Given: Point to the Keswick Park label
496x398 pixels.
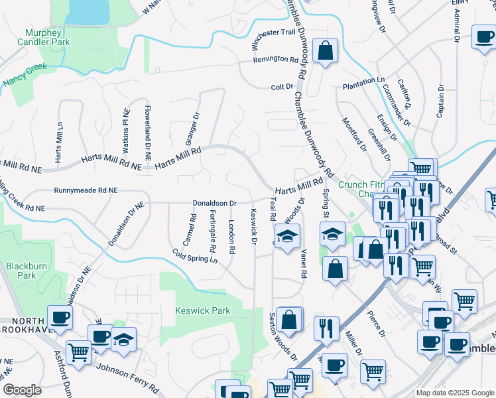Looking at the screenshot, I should [x=202, y=310].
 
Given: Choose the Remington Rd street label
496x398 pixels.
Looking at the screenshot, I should [x=276, y=60].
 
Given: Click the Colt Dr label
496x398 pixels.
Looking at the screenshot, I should [x=282, y=87].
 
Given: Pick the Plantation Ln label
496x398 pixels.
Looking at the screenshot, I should [x=363, y=80].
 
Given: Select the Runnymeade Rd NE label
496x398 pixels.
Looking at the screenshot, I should [x=86, y=190].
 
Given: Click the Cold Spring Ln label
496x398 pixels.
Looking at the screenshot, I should [x=195, y=255].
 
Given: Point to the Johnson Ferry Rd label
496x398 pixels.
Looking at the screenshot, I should [x=127, y=376].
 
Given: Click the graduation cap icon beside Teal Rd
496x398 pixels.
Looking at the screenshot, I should [x=288, y=236].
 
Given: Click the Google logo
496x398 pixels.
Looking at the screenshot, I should [x=22, y=390].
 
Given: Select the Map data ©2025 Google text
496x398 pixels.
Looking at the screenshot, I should [x=454, y=393].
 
